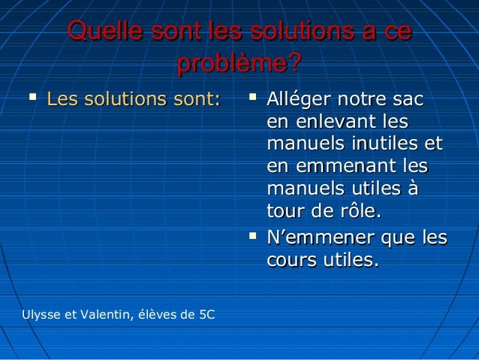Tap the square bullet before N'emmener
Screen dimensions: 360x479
point(253,237)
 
